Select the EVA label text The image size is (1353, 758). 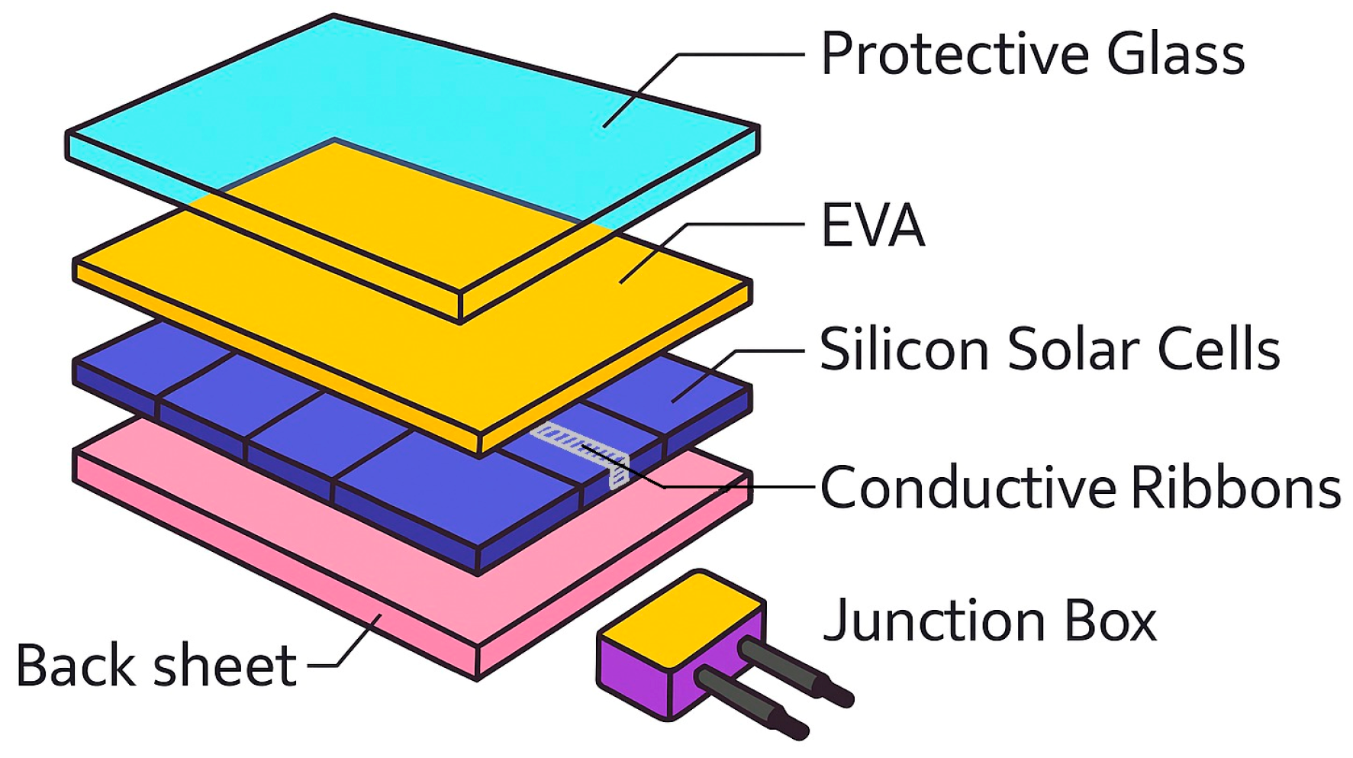tap(872, 225)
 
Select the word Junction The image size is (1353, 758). tap(933, 620)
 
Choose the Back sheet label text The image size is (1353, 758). tap(156, 666)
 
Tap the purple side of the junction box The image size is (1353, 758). tap(633, 676)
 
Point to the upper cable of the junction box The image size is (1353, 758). tap(794, 672)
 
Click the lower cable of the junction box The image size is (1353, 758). tap(752, 698)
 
